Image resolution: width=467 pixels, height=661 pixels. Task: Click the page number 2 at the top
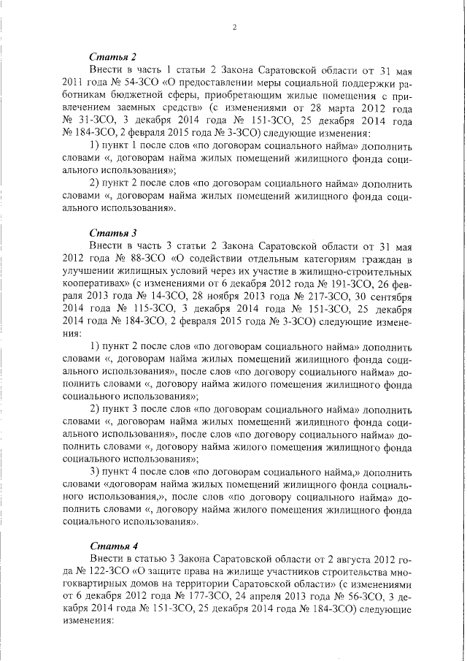(x=234, y=28)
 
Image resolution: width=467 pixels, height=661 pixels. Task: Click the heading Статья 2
(x=113, y=57)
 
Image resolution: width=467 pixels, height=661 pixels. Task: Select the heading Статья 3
(x=113, y=233)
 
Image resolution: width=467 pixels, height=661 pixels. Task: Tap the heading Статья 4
(x=113, y=546)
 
